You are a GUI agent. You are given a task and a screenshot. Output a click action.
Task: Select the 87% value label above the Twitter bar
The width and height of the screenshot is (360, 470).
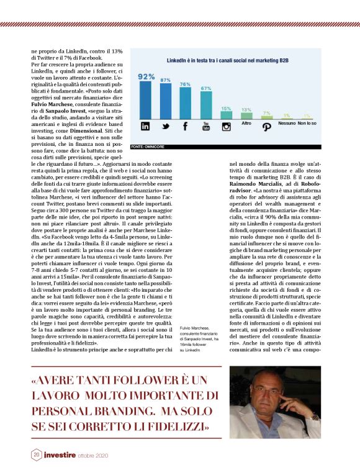(166, 80)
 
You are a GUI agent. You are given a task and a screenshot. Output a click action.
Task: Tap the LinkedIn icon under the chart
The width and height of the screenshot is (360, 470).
(146, 126)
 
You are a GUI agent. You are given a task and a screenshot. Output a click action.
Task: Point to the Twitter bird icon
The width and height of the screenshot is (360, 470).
(166, 126)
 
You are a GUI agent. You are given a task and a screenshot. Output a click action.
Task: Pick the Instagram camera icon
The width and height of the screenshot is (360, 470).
(227, 126)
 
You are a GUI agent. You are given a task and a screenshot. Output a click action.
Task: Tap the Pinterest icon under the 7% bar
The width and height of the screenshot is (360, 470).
(266, 126)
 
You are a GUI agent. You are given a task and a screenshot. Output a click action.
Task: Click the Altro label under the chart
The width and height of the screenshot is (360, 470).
(246, 124)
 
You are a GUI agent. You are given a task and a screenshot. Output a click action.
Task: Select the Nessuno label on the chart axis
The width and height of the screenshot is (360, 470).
(287, 124)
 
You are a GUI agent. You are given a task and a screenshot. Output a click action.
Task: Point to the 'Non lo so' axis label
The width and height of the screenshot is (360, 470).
(307, 124)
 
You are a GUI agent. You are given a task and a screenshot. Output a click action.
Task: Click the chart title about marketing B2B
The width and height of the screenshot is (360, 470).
(226, 61)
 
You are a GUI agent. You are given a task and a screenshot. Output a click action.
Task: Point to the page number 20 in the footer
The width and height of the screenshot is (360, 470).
(37, 455)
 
